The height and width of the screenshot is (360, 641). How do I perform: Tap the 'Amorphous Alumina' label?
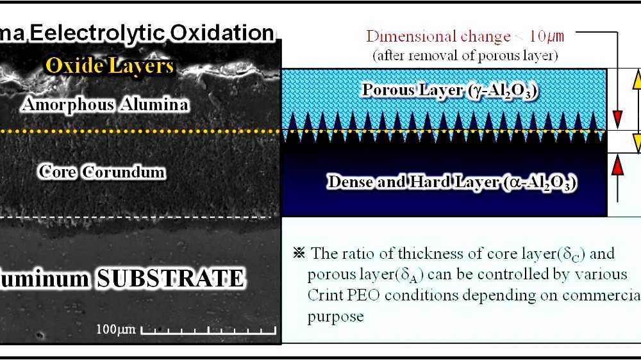click(x=105, y=104)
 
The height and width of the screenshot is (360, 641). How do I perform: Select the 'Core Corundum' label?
click(x=101, y=172)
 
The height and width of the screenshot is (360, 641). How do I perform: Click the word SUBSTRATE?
click(x=169, y=278)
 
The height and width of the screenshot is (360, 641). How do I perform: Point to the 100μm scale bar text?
click(x=115, y=330)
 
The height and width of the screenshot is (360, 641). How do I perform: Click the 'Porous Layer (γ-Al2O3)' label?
click(x=449, y=90)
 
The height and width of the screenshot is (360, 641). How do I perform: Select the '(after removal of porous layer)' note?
click(x=465, y=55)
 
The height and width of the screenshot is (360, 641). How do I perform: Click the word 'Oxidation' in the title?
click(x=228, y=33)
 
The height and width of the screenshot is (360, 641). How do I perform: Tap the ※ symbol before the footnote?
click(x=299, y=253)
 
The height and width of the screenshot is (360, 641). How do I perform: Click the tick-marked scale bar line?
click(x=208, y=332)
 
